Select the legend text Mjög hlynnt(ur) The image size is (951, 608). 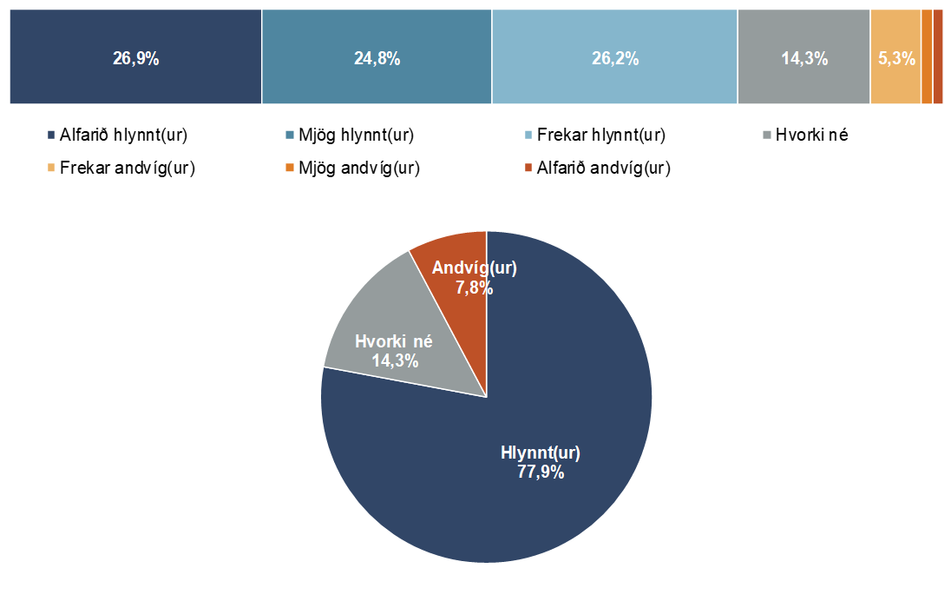coord(356,135)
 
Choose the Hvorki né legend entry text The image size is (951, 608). coord(811,135)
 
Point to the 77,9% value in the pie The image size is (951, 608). coord(541,473)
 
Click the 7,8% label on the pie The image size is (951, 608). coord(475,287)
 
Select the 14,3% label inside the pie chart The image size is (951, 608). coord(395,360)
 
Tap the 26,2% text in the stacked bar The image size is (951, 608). coord(615,59)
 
